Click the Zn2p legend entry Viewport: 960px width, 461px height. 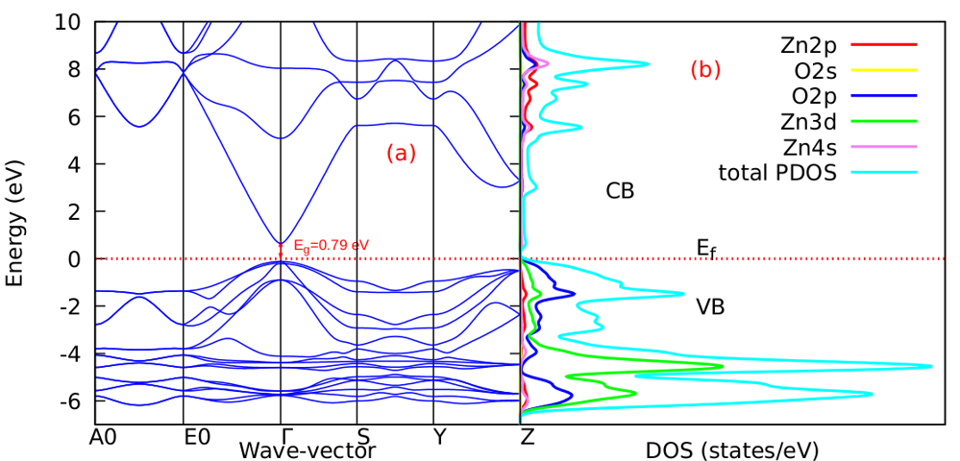815,44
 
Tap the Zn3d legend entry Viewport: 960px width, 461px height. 815,122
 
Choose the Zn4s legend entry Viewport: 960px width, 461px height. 815,148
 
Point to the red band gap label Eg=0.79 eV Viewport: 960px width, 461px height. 331,245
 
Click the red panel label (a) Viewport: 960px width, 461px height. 401,152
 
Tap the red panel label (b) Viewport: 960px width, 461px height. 705,70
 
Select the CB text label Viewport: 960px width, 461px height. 620,191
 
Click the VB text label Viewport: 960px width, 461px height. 710,308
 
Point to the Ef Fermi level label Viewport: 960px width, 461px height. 707,249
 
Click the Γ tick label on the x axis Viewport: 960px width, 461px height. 281,437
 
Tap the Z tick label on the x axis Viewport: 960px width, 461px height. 527,437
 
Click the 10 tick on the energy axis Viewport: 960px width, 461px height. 73,21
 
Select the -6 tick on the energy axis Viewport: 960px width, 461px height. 75,400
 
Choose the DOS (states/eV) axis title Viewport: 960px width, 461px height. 731,449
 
